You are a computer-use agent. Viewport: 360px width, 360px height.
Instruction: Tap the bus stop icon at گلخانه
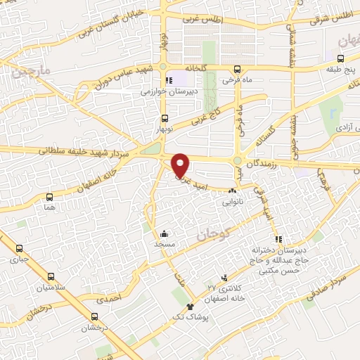coord(165,68)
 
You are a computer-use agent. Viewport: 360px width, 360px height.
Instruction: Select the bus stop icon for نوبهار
coord(165,118)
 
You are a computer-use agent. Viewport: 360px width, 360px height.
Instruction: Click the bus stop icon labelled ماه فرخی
coord(238,69)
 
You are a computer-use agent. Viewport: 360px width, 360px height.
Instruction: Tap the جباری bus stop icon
coord(19,248)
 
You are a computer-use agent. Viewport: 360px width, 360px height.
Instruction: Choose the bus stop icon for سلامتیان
coord(51,276)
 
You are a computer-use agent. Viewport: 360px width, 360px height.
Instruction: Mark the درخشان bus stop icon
coord(95,316)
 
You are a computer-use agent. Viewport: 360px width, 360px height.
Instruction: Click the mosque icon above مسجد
coord(164,233)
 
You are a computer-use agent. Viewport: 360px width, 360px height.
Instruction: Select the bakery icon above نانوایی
coord(232,191)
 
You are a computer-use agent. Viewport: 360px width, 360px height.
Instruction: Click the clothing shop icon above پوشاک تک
coord(190,307)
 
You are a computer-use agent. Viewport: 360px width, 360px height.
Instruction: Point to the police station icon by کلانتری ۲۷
coord(224,278)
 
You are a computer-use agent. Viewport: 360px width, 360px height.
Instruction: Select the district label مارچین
coord(27,71)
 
